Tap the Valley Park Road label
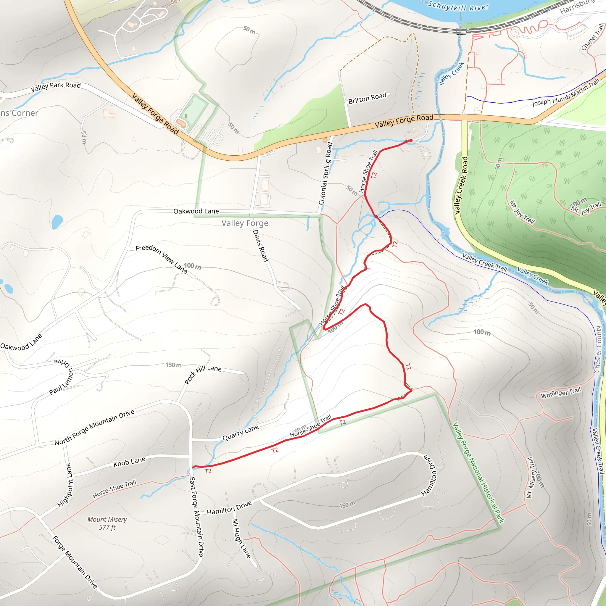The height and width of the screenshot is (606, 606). pos(56,87)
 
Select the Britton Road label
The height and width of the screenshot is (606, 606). pos(367,98)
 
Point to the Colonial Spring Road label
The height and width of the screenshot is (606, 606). pos(325,173)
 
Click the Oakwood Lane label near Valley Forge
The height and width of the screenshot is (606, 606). pos(196,211)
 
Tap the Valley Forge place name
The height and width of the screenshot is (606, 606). pos(245,223)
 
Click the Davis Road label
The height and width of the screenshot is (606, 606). pos(261,246)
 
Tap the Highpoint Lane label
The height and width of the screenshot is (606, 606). pos(65,485)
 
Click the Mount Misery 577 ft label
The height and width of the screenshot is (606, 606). pos(107,523)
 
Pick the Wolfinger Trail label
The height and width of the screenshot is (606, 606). pos(561,392)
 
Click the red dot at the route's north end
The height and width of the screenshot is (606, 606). pos(411,140)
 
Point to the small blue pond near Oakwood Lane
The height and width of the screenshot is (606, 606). pos(57,221)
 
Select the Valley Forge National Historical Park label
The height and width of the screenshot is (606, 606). pos(478,472)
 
